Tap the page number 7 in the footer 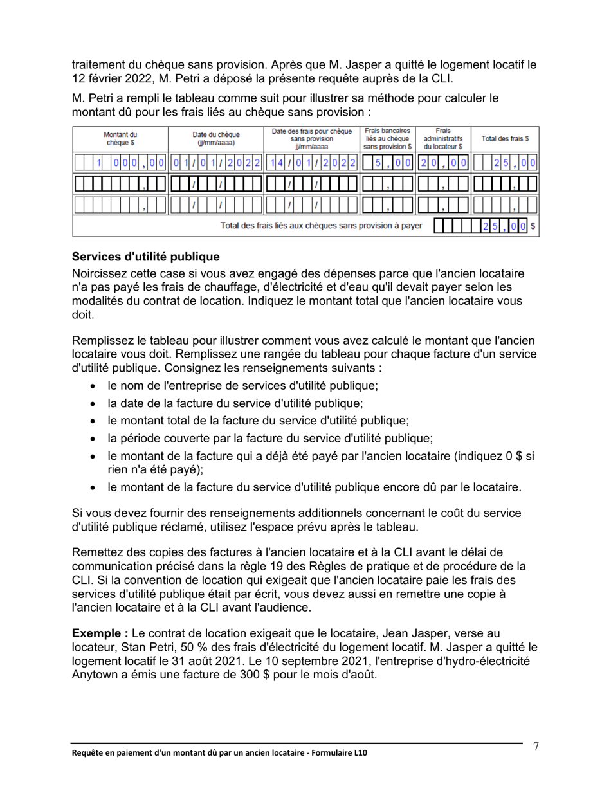click(536, 746)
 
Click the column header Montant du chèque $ click(120, 138)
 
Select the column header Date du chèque click(216, 138)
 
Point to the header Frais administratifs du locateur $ click(443, 138)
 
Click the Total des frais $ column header click(506, 138)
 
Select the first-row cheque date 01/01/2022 click(216, 163)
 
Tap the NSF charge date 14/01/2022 click(312, 163)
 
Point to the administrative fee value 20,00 click(443, 163)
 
